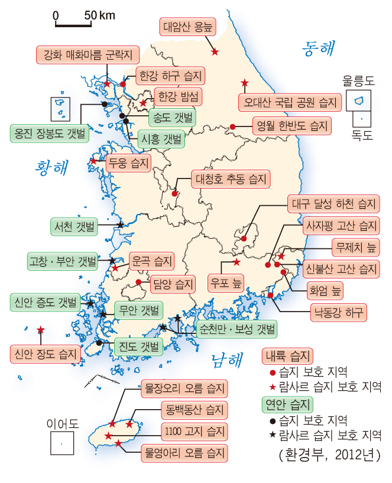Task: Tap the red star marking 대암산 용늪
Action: coord(215,53)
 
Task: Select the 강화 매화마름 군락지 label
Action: coord(88,56)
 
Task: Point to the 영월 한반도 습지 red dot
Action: coord(233,127)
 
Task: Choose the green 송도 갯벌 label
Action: coord(172,116)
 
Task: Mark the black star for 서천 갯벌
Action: coord(120,225)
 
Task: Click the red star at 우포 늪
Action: coord(237,262)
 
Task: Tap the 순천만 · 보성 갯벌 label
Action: coord(237,329)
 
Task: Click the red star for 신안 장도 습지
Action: coord(40,330)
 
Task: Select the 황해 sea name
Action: coord(51,167)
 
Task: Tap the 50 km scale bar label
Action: coord(99,15)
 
